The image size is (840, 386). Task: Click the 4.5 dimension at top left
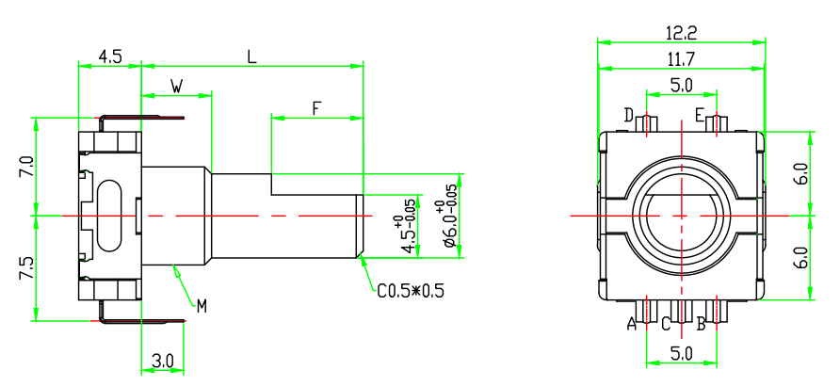pos(110,56)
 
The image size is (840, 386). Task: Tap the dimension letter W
pos(176,87)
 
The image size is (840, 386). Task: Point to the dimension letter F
pos(316,108)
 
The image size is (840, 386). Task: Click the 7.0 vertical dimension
pos(27,167)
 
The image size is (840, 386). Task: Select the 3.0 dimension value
pos(162,360)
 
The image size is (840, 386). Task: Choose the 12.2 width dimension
pos(680,33)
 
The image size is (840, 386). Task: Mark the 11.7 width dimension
pos(680,59)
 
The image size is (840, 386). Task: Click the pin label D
pos(628,115)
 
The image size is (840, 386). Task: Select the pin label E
pos(700,115)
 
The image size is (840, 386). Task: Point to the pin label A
pos(632,325)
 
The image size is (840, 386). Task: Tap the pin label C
pos(665,325)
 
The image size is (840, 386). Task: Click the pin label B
pos(701,325)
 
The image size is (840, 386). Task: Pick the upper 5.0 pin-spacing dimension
pos(681,85)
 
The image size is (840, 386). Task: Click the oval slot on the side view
pos(110,217)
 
